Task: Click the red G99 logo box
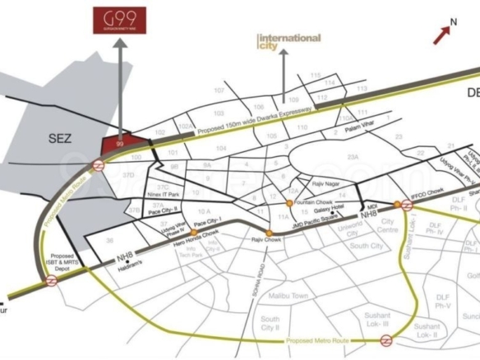coord(120,20)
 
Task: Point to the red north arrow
coord(445,32)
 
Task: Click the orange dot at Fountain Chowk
coord(288,202)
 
